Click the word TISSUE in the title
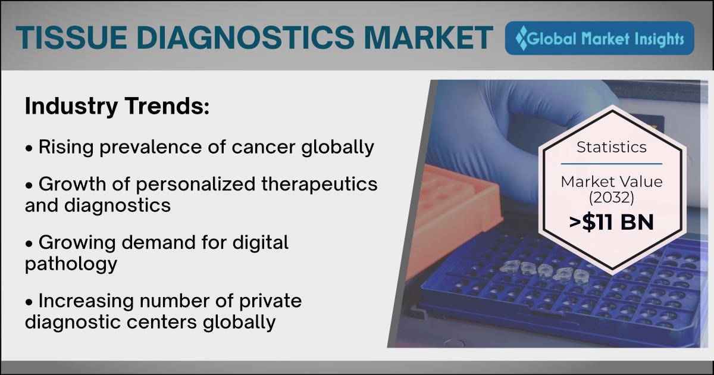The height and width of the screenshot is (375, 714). (x=71, y=37)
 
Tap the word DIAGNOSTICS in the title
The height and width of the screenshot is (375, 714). (x=245, y=37)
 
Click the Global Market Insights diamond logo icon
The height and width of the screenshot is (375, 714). (x=521, y=38)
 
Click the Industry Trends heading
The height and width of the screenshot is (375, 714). (x=117, y=107)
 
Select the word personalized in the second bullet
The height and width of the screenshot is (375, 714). (x=196, y=185)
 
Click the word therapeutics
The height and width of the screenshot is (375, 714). (x=320, y=185)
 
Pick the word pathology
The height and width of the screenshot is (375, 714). (x=71, y=264)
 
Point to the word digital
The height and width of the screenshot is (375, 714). (x=260, y=242)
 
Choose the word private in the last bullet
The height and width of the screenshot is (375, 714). (x=270, y=301)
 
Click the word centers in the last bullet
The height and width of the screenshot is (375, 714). (x=162, y=322)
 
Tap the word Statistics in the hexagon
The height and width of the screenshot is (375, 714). (x=612, y=148)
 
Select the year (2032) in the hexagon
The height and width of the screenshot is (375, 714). (x=612, y=198)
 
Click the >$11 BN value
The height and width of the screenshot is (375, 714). (x=612, y=222)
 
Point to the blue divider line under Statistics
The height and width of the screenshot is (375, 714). (x=612, y=164)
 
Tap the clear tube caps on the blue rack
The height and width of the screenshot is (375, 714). (x=547, y=271)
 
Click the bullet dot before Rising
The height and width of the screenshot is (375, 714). (x=29, y=148)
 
